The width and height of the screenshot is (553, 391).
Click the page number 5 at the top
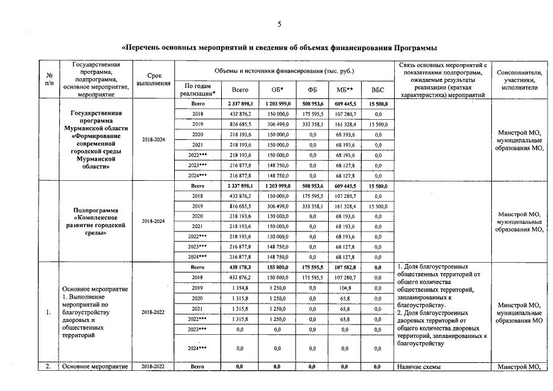tap(279, 24)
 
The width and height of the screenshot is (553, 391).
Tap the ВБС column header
tap(378, 90)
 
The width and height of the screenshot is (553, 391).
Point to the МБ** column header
tap(346, 90)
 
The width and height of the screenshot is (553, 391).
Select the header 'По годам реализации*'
tap(197, 90)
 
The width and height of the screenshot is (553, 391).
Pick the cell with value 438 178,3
tap(239, 267)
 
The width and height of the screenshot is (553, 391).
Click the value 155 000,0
tap(278, 267)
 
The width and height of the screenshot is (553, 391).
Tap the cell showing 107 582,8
tap(346, 267)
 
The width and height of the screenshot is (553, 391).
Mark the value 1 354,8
tap(239, 288)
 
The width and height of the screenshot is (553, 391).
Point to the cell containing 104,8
tap(346, 288)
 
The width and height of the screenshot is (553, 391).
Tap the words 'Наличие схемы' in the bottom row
tap(419, 367)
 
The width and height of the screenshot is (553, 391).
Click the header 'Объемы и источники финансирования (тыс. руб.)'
tap(284, 71)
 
